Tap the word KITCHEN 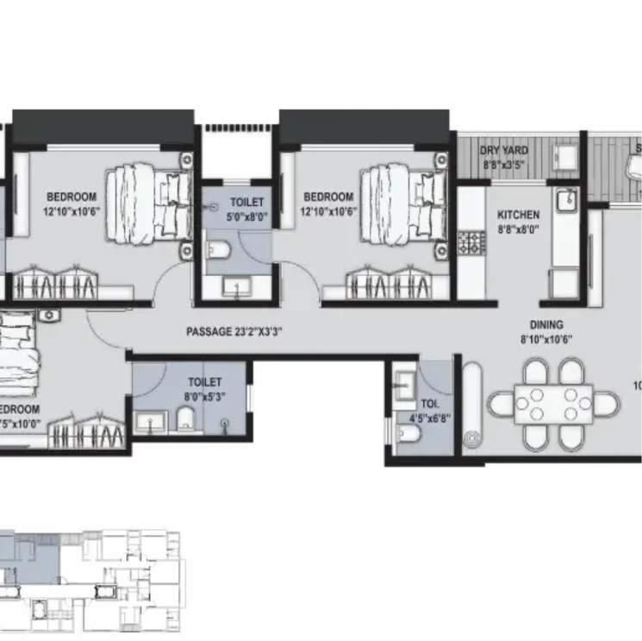click(519, 215)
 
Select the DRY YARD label click(504, 150)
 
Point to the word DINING click(546, 325)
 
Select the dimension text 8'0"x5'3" click(204, 397)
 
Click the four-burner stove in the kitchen click(472, 244)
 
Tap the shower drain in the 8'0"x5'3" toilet click(226, 423)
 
